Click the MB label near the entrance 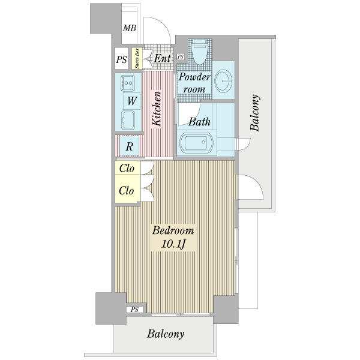tap(130, 28)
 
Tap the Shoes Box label tap(137, 58)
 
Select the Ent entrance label tap(163, 58)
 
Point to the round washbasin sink tap(223, 80)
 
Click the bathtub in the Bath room tap(197, 143)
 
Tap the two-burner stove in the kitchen tap(128, 83)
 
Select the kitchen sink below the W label tap(128, 120)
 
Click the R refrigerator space tap(130, 146)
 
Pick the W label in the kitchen tap(132, 101)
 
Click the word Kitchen tap(157, 109)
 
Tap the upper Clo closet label tap(127, 169)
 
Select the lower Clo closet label tap(126, 190)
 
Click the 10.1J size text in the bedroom tap(173, 244)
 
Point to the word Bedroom tap(173, 230)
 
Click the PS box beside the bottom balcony tap(135, 310)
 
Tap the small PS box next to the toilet tap(181, 57)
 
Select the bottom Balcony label tap(166, 334)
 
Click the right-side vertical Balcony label tap(255, 112)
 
